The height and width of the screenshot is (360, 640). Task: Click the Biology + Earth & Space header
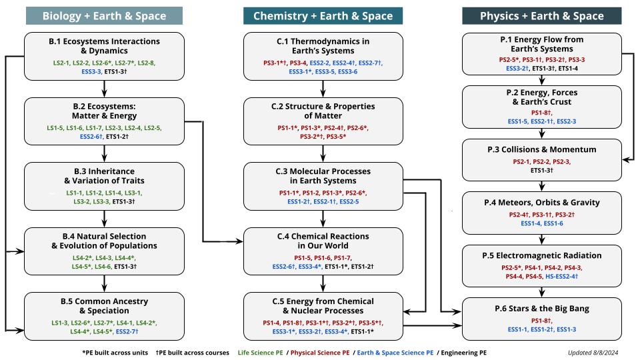click(x=104, y=16)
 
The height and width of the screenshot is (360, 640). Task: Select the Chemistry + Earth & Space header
click(x=323, y=16)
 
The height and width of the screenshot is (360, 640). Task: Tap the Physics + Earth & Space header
click(x=542, y=16)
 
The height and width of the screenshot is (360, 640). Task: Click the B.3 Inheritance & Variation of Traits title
click(x=105, y=175)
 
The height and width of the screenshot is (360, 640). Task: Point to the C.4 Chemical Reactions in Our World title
click(x=323, y=240)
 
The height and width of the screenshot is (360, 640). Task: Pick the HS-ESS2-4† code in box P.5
click(x=561, y=276)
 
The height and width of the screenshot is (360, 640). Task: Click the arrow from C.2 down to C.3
click(x=323, y=153)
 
